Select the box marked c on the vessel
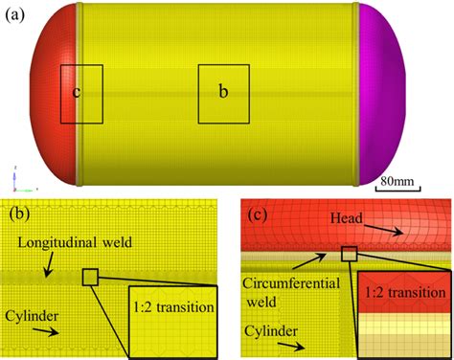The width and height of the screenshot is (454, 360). [x=81, y=94]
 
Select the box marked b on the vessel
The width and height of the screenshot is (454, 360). [x=223, y=94]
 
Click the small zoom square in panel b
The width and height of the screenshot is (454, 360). [x=91, y=277]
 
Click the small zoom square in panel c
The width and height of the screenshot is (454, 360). [x=349, y=253]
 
